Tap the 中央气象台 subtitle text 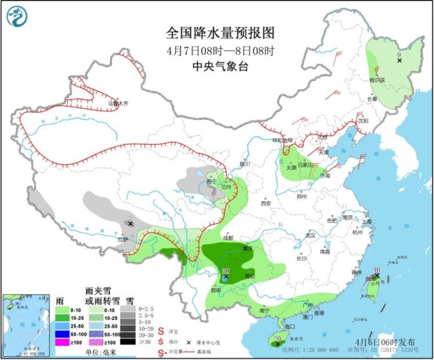coord(220,66)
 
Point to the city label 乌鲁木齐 coord(118,104)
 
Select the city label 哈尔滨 coord(377,80)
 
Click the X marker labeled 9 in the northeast coord(399,60)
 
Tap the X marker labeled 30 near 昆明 coord(226,276)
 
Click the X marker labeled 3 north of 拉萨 coord(130,223)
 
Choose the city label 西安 coord(266,203)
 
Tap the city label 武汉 coord(310,235)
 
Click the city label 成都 coord(228,238)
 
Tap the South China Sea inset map coord(26,323)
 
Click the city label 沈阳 coord(363,121)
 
